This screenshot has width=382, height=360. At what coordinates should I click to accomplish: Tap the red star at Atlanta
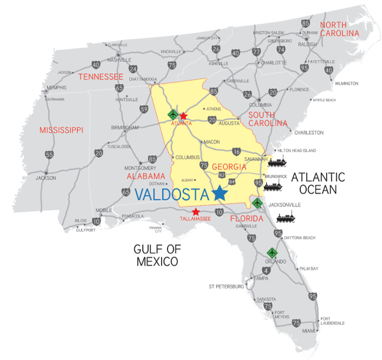pyautogui.click(x=183, y=116)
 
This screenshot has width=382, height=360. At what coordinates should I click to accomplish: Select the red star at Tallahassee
pyautogui.click(x=196, y=212)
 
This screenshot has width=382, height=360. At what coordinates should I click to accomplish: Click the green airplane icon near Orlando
pyautogui.click(x=272, y=252)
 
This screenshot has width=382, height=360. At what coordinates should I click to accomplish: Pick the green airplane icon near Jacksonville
pyautogui.click(x=257, y=204)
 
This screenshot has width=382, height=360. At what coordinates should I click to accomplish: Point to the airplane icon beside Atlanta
pyautogui.click(x=172, y=114)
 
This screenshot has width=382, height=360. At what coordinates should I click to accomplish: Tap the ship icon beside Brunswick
pyautogui.click(x=274, y=187)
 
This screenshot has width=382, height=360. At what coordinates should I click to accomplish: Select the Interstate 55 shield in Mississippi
pyautogui.click(x=49, y=155)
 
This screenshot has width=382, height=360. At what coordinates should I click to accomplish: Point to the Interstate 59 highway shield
pyautogui.click(x=144, y=109)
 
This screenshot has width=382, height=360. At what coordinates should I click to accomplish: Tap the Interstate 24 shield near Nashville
pyautogui.click(x=133, y=69)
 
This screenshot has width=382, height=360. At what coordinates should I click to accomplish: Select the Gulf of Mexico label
pyautogui.click(x=157, y=255)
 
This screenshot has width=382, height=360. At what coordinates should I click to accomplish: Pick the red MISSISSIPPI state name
pyautogui.click(x=61, y=129)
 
